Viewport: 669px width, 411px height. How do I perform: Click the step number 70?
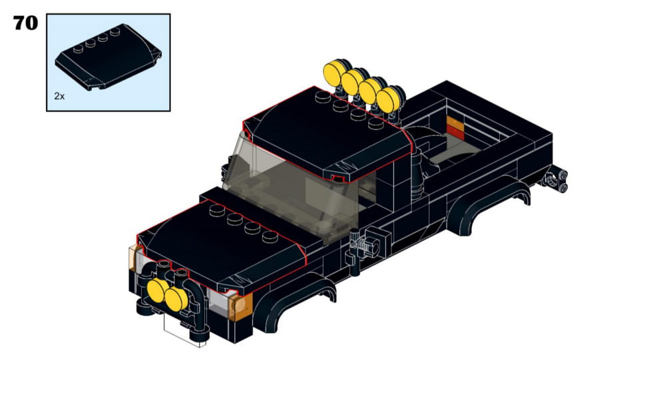(x=25, y=23)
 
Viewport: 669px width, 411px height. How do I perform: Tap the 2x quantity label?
(x=59, y=97)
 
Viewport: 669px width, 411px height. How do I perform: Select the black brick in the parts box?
(x=109, y=57)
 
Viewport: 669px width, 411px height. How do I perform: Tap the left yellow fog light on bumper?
(x=157, y=290)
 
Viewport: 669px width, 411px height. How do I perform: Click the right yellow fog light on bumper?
(x=176, y=298)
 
